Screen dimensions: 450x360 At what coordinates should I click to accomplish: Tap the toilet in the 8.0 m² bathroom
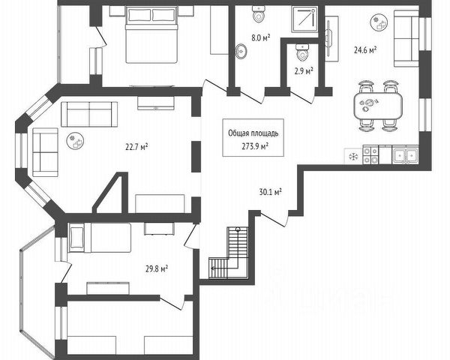point(259,16)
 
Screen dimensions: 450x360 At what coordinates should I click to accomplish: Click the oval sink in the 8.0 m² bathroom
point(241,51)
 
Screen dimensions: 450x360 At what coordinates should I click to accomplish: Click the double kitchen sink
point(406,155)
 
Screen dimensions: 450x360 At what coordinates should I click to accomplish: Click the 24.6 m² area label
point(364,50)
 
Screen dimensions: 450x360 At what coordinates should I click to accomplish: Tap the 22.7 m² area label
point(136,147)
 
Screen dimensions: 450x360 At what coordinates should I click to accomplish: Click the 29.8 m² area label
point(155,267)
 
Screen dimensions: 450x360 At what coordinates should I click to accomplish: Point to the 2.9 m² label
point(304,71)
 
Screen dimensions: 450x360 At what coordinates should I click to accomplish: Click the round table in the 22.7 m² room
point(75,137)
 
